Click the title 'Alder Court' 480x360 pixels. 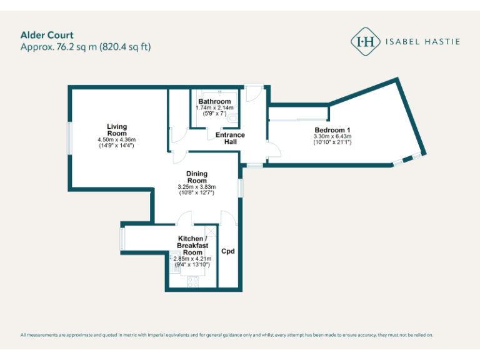click(x=47, y=35)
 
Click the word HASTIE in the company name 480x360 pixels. click(x=443, y=42)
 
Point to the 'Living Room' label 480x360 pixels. click(x=116, y=130)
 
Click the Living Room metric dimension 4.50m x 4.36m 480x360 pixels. click(x=116, y=139)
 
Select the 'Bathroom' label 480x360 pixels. click(x=214, y=101)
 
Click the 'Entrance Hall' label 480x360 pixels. click(x=230, y=138)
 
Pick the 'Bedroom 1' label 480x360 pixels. click(x=332, y=130)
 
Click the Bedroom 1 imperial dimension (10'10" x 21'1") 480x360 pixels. click(x=332, y=142)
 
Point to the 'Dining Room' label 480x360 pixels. click(x=197, y=177)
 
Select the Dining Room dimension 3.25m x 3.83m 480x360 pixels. click(x=197, y=187)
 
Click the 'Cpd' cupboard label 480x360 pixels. click(x=228, y=251)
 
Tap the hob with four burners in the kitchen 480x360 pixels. click(x=192, y=281)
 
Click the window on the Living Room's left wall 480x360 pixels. click(x=70, y=137)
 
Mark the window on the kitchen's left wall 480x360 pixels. click(x=122, y=237)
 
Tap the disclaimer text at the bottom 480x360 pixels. click(x=226, y=335)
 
